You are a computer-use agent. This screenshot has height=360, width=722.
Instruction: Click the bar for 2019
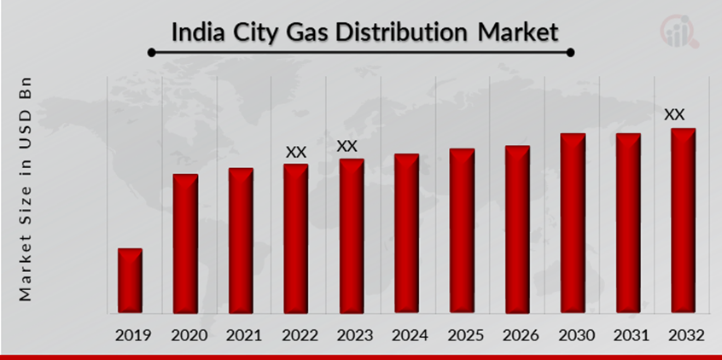(130, 281)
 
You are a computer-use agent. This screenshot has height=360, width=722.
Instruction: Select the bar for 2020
(185, 243)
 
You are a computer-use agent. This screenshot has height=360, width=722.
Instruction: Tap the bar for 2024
(406, 233)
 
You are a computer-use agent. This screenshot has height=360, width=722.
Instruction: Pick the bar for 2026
(517, 229)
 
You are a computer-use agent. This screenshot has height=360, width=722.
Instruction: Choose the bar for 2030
(573, 223)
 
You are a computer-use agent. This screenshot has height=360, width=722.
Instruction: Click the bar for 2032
(683, 220)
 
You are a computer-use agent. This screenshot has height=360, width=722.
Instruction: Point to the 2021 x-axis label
(241, 335)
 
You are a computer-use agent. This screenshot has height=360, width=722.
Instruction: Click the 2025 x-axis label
(462, 335)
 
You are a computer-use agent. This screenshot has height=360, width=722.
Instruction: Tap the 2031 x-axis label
(628, 335)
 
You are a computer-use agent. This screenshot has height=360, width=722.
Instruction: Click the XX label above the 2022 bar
(295, 152)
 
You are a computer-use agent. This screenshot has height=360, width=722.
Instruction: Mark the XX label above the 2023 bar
(347, 146)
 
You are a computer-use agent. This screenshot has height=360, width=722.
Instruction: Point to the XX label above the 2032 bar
(674, 113)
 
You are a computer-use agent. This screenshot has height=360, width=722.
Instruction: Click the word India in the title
(196, 32)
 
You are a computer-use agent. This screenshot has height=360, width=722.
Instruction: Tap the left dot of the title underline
(151, 52)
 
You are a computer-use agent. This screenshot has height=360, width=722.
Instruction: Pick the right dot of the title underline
(570, 52)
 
